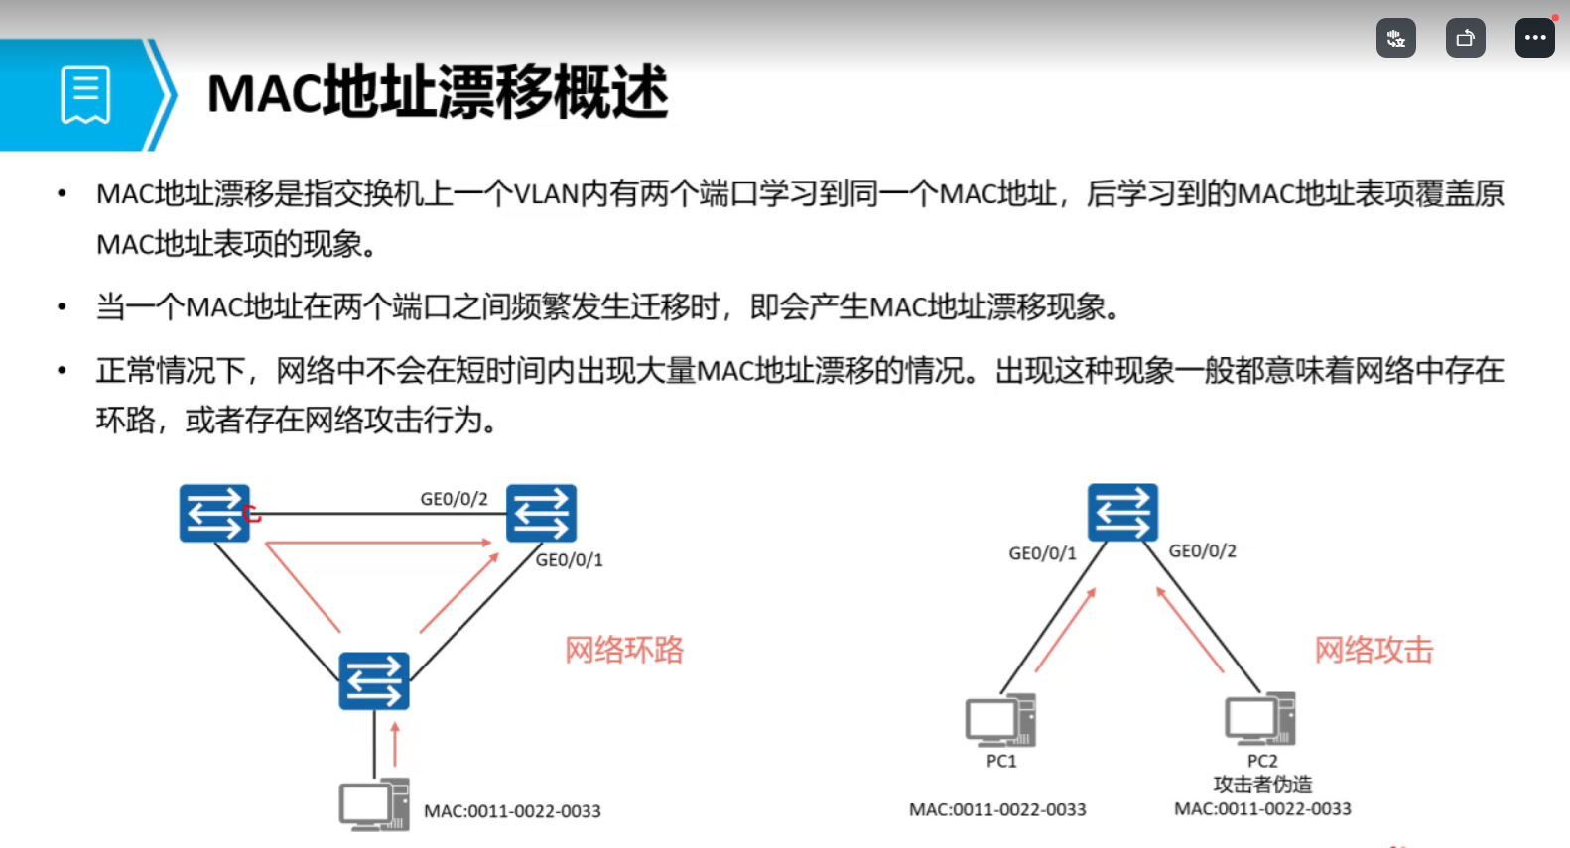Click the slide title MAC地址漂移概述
click(x=437, y=93)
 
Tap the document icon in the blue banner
click(x=85, y=95)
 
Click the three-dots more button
click(x=1534, y=38)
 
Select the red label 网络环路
click(x=624, y=650)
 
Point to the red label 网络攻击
click(x=1374, y=650)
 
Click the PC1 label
click(x=1001, y=761)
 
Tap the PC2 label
click(x=1262, y=761)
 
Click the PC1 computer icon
click(x=1000, y=720)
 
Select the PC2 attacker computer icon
click(x=1260, y=719)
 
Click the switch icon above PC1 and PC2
click(x=1122, y=512)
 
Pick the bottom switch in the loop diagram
click(x=374, y=681)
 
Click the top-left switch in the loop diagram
click(x=214, y=513)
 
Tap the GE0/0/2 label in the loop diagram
click(x=454, y=499)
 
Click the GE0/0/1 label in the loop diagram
click(x=569, y=560)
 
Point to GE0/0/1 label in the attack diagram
click(x=1042, y=553)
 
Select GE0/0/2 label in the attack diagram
click(x=1202, y=551)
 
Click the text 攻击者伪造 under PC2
click(x=1262, y=785)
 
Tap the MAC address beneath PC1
click(x=997, y=809)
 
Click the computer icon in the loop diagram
click(x=374, y=805)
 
